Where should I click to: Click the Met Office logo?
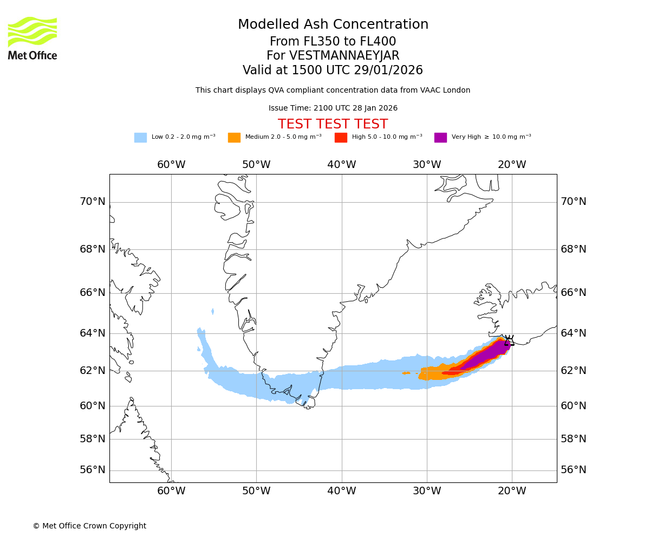click(32, 38)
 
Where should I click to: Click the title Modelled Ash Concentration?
click(333, 25)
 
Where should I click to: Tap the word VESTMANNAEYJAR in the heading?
click(344, 56)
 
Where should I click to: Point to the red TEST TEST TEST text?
click(333, 124)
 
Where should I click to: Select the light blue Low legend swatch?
click(140, 138)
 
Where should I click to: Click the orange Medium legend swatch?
click(234, 138)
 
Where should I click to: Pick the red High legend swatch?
click(341, 138)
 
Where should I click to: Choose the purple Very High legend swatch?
click(440, 138)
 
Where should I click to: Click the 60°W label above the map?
click(171, 165)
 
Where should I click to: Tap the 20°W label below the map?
click(512, 491)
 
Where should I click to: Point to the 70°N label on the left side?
click(93, 202)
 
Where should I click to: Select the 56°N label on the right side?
click(574, 470)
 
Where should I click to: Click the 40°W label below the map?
click(342, 491)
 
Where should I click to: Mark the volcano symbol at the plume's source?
click(509, 341)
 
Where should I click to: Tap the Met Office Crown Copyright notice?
click(89, 526)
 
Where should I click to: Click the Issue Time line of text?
click(333, 108)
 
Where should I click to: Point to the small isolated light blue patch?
click(212, 312)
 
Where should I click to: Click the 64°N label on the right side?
click(574, 333)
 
